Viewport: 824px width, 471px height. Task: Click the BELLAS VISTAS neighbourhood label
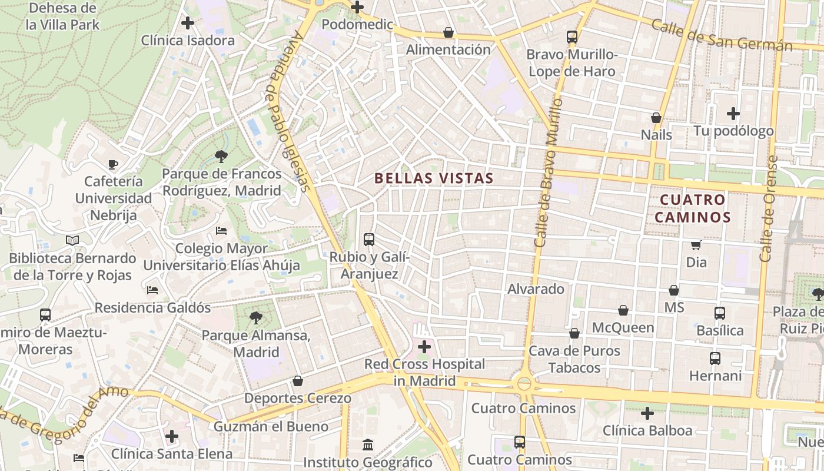click(434, 178)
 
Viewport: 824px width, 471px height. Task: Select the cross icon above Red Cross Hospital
click(424, 347)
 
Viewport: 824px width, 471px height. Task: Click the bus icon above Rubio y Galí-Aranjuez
click(369, 240)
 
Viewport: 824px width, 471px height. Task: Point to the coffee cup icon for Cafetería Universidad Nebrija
click(113, 164)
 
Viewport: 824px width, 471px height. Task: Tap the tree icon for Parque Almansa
click(255, 319)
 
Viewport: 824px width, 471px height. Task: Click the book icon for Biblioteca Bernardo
click(72, 240)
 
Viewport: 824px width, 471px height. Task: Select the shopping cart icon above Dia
click(696, 245)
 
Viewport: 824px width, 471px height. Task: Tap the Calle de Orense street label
click(769, 209)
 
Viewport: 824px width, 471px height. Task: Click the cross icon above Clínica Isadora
click(188, 24)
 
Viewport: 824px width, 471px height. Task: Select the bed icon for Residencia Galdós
click(152, 290)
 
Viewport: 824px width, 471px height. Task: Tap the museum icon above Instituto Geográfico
click(368, 445)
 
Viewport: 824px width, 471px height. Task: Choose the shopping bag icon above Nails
click(656, 118)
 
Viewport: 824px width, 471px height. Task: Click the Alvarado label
click(536, 289)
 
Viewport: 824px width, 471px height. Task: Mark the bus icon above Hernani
click(715, 358)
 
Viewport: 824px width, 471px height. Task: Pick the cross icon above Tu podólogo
click(733, 114)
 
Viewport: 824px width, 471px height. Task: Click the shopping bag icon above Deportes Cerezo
click(298, 382)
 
